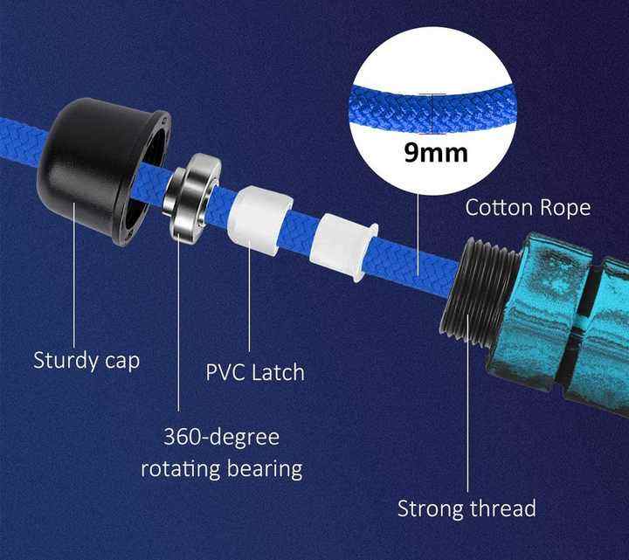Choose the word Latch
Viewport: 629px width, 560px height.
click(x=279, y=372)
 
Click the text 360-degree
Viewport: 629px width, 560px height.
click(x=222, y=436)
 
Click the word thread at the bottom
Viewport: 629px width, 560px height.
click(x=505, y=508)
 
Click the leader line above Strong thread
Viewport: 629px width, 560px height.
click(x=467, y=419)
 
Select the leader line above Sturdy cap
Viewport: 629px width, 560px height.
click(x=74, y=280)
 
